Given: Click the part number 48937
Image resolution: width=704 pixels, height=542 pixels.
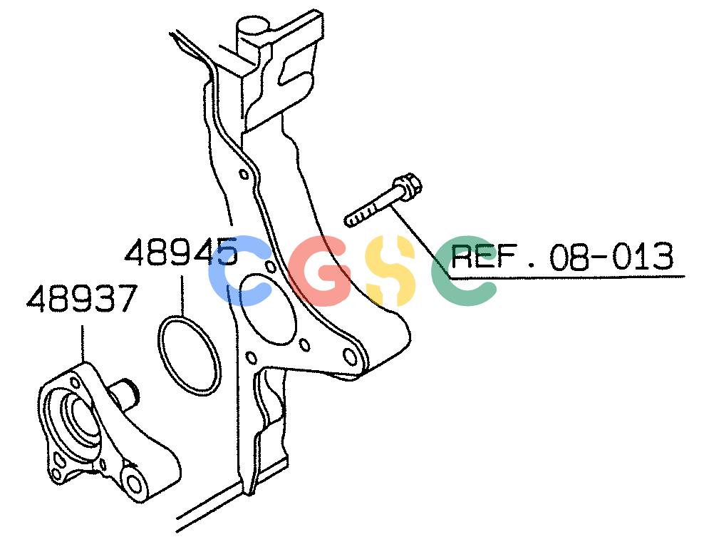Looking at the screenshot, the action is (81, 298).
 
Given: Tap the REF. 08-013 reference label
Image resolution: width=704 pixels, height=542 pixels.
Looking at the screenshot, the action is (562, 257).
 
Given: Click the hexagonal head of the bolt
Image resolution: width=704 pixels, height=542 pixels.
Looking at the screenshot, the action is (408, 187).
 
